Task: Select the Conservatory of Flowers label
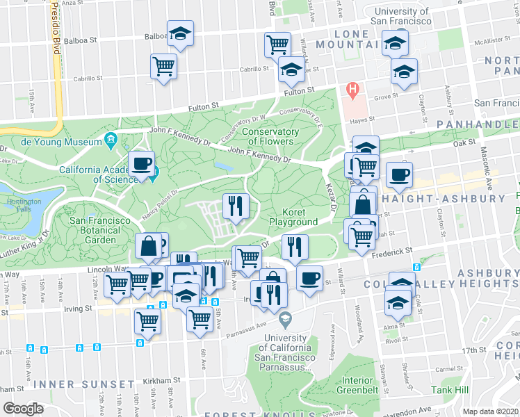(271, 137)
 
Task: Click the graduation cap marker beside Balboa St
(181, 34)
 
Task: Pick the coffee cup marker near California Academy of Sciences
(142, 165)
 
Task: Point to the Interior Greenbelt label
(357, 385)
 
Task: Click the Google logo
(23, 408)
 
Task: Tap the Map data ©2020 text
(491, 411)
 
